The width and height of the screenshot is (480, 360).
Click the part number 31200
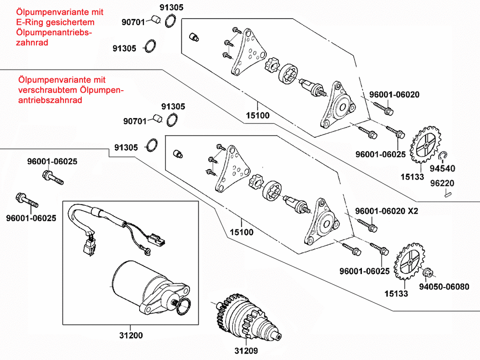tap(131, 336)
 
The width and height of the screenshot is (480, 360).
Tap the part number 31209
tap(246, 350)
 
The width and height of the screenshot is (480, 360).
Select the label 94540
tap(443, 168)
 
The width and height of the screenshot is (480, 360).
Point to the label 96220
tap(442, 183)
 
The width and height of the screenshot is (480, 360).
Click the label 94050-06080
tap(444, 287)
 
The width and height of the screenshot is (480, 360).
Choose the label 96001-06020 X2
tap(386, 211)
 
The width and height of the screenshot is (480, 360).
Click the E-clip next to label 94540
tap(443, 156)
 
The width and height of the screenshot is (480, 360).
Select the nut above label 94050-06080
tap(427, 272)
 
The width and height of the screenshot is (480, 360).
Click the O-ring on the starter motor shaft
tap(183, 307)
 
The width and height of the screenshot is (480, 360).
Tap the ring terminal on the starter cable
tap(146, 252)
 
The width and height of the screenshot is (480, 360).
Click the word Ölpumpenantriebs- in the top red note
tap(54, 33)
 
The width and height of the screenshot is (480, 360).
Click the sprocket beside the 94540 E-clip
tap(426, 145)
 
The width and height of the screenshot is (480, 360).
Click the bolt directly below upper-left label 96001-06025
tap(53, 178)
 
